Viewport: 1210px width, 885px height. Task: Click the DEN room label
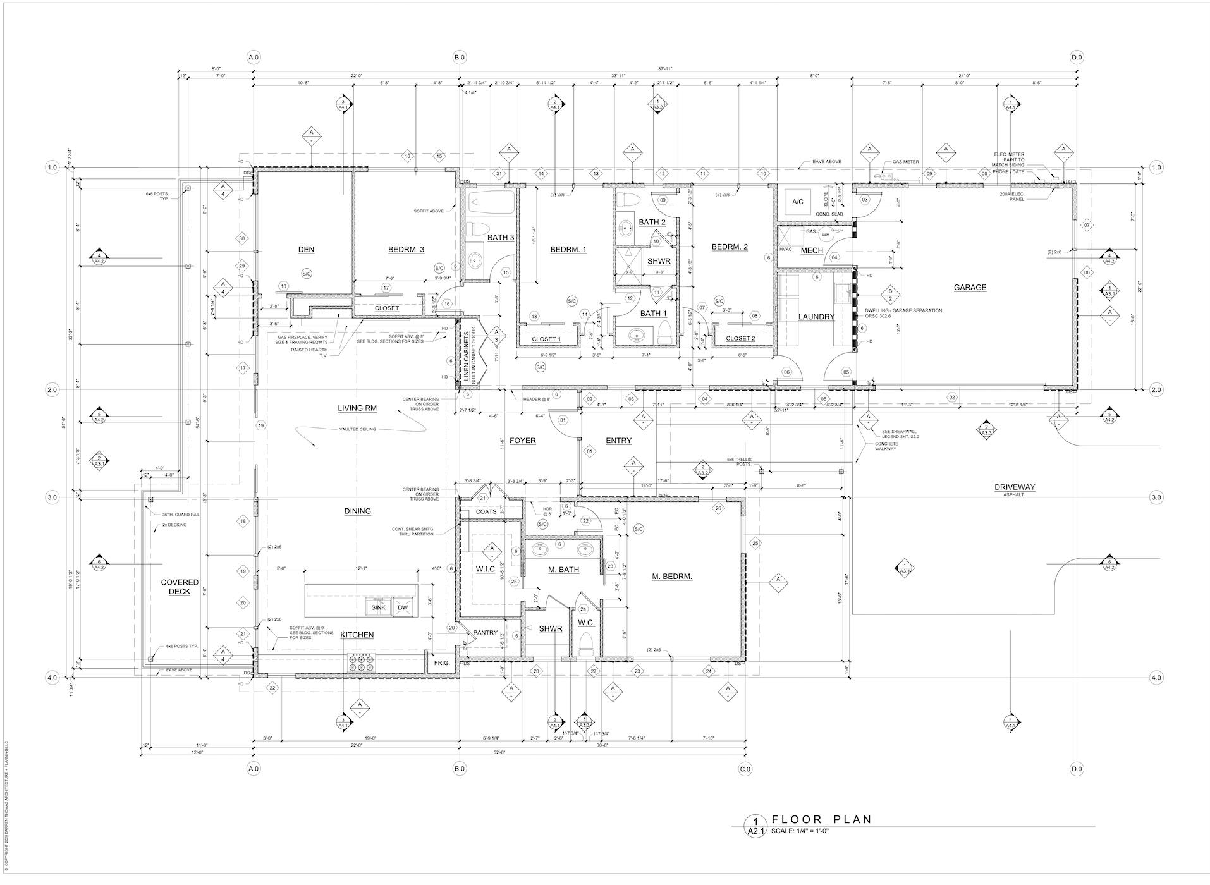306,249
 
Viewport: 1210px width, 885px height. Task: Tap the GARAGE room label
969,287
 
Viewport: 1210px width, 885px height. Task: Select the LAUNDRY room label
816,317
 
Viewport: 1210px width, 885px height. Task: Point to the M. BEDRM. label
672,576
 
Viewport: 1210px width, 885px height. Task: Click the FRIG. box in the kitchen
441,663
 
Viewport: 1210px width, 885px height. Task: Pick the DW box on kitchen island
403,607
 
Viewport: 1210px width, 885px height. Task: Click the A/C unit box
797,202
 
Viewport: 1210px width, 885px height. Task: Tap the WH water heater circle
826,235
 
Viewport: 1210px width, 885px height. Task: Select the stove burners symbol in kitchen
357,662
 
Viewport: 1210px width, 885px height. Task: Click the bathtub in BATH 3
492,204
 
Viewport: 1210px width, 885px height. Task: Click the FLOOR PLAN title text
821,819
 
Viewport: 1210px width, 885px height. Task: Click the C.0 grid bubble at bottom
745,769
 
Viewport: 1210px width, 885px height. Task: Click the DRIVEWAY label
1014,487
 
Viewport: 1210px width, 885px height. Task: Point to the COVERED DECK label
180,587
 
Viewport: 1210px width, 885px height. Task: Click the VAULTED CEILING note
358,429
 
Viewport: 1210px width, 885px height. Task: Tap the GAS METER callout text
905,162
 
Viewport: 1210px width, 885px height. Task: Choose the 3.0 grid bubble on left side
52,497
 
